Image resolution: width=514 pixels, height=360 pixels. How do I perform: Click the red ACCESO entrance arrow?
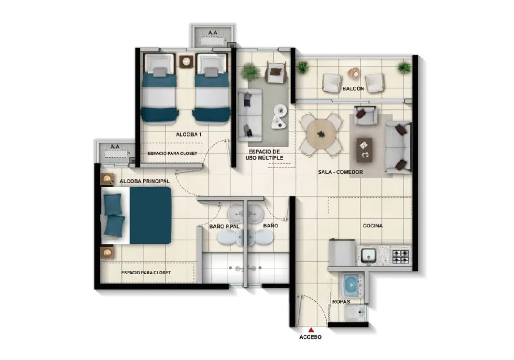tap(311, 330)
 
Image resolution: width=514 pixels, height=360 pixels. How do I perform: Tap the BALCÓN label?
tap(353, 88)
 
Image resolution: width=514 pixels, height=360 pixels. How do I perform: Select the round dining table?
tap(321, 134)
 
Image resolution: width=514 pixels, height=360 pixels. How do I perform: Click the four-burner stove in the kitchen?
tap(401, 256)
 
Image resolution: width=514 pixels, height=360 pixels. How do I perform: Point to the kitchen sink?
tap(369, 256)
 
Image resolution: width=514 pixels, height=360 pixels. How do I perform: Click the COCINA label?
tap(373, 225)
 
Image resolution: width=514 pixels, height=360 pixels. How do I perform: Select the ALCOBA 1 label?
tap(189, 135)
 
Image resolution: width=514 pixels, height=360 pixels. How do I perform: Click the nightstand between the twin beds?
tap(186, 61)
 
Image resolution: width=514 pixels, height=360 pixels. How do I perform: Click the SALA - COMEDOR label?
tap(340, 172)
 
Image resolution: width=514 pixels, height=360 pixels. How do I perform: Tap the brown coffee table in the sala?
tap(364, 150)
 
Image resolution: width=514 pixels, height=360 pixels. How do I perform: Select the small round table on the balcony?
tap(354, 73)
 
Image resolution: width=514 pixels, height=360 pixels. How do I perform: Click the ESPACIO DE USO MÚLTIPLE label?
tap(264, 155)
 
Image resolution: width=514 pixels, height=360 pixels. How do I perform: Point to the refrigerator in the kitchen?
tap(342, 252)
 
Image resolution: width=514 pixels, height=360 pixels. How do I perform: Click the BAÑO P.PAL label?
tap(224, 226)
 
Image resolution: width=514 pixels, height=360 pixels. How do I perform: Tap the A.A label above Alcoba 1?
tap(213, 33)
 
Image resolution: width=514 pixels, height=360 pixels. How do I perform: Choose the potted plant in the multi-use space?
tap(250, 71)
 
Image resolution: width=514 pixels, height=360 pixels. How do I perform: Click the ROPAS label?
tap(341, 302)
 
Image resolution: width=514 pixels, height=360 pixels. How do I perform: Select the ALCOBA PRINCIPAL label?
tap(145, 181)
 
